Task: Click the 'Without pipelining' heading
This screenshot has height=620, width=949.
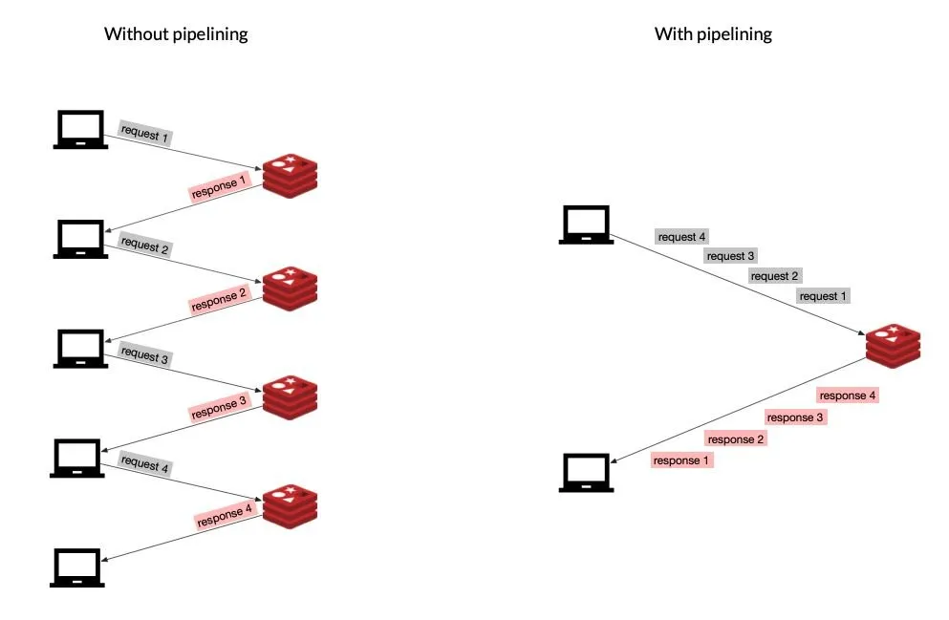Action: [176, 34]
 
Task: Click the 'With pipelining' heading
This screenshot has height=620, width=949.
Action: [713, 34]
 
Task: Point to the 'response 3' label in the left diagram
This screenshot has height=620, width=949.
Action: [219, 408]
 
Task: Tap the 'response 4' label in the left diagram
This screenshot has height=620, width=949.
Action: [224, 517]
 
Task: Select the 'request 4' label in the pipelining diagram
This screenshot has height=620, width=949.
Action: [682, 237]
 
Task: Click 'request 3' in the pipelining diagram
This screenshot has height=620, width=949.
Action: [731, 256]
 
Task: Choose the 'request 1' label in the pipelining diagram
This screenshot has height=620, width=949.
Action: [823, 296]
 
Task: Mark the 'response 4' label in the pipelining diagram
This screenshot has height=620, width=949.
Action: [847, 396]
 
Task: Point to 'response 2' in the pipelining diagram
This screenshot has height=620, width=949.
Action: [736, 439]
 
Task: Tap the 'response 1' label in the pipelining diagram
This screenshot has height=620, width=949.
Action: [681, 460]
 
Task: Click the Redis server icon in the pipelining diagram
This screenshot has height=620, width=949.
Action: [893, 344]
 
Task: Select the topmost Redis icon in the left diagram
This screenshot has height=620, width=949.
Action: [290, 174]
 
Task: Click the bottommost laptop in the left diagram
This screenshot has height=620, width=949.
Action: [79, 567]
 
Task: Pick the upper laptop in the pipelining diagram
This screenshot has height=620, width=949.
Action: [586, 225]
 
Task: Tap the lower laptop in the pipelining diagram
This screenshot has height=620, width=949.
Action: [586, 472]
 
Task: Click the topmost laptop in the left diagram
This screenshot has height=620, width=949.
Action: [79, 130]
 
